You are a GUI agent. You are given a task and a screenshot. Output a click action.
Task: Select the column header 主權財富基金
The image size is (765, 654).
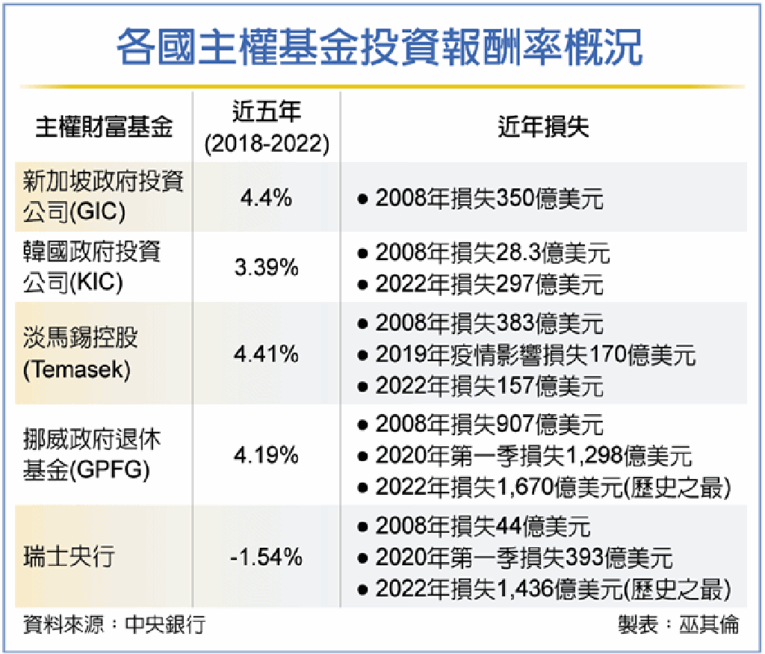tap(104, 128)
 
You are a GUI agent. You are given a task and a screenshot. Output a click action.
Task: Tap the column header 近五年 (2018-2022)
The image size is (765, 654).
tap(267, 128)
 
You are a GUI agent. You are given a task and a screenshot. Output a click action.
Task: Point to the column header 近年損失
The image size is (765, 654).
tap(543, 128)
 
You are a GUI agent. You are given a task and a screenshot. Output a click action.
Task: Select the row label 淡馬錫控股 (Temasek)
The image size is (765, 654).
tap(80, 354)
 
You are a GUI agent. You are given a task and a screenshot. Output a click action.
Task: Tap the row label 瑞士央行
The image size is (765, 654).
tap(68, 557)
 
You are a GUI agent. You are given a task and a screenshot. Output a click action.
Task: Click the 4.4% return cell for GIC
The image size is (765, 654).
tap(266, 199)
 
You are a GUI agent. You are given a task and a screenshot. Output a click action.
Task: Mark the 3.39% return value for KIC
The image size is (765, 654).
tap(267, 268)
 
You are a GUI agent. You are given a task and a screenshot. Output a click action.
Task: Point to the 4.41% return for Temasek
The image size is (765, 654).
tap(267, 354)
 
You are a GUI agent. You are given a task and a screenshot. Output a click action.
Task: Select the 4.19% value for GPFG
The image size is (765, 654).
tap(267, 454)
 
